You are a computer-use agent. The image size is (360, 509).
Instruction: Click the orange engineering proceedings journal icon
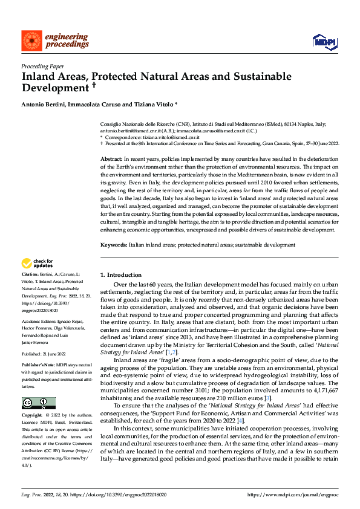coord(31,41)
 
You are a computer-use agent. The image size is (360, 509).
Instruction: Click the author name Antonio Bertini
coord(43,105)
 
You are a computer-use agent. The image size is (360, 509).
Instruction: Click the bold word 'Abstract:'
coord(112,157)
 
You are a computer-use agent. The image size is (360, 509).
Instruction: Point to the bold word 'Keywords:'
coord(113,245)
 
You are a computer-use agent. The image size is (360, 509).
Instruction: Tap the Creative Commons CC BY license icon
coord(39,403)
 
